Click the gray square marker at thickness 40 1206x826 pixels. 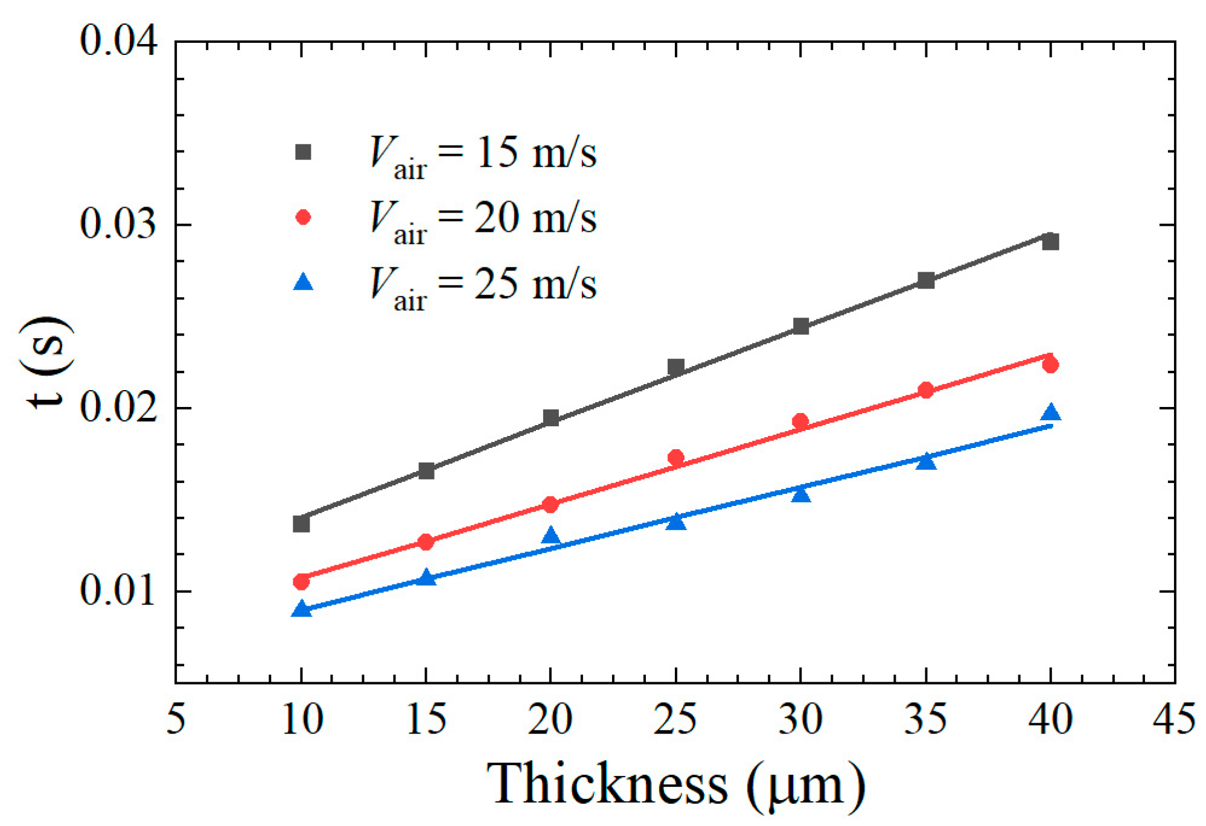click(1050, 242)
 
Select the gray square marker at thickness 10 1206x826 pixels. click(301, 523)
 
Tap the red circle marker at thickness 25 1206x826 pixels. click(676, 458)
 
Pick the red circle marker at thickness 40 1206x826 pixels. click(1050, 365)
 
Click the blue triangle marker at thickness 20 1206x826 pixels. click(550, 536)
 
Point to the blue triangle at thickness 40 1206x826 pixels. click(1050, 413)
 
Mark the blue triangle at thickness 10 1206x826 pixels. click(301, 609)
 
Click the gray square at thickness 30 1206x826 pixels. click(801, 326)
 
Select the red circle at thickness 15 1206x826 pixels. click(426, 542)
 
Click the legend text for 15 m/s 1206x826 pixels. click(483, 154)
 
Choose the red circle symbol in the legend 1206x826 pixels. click(303, 217)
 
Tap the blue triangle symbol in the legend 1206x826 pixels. click(303, 283)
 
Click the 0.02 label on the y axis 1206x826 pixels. click(118, 407)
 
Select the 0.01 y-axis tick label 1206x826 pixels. click(118, 590)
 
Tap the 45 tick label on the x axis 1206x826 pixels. click(1173, 720)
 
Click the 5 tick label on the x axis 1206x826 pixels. click(176, 720)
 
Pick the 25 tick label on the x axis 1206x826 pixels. click(675, 720)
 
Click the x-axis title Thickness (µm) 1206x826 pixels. click(675, 785)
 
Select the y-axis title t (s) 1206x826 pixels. click(47, 362)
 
